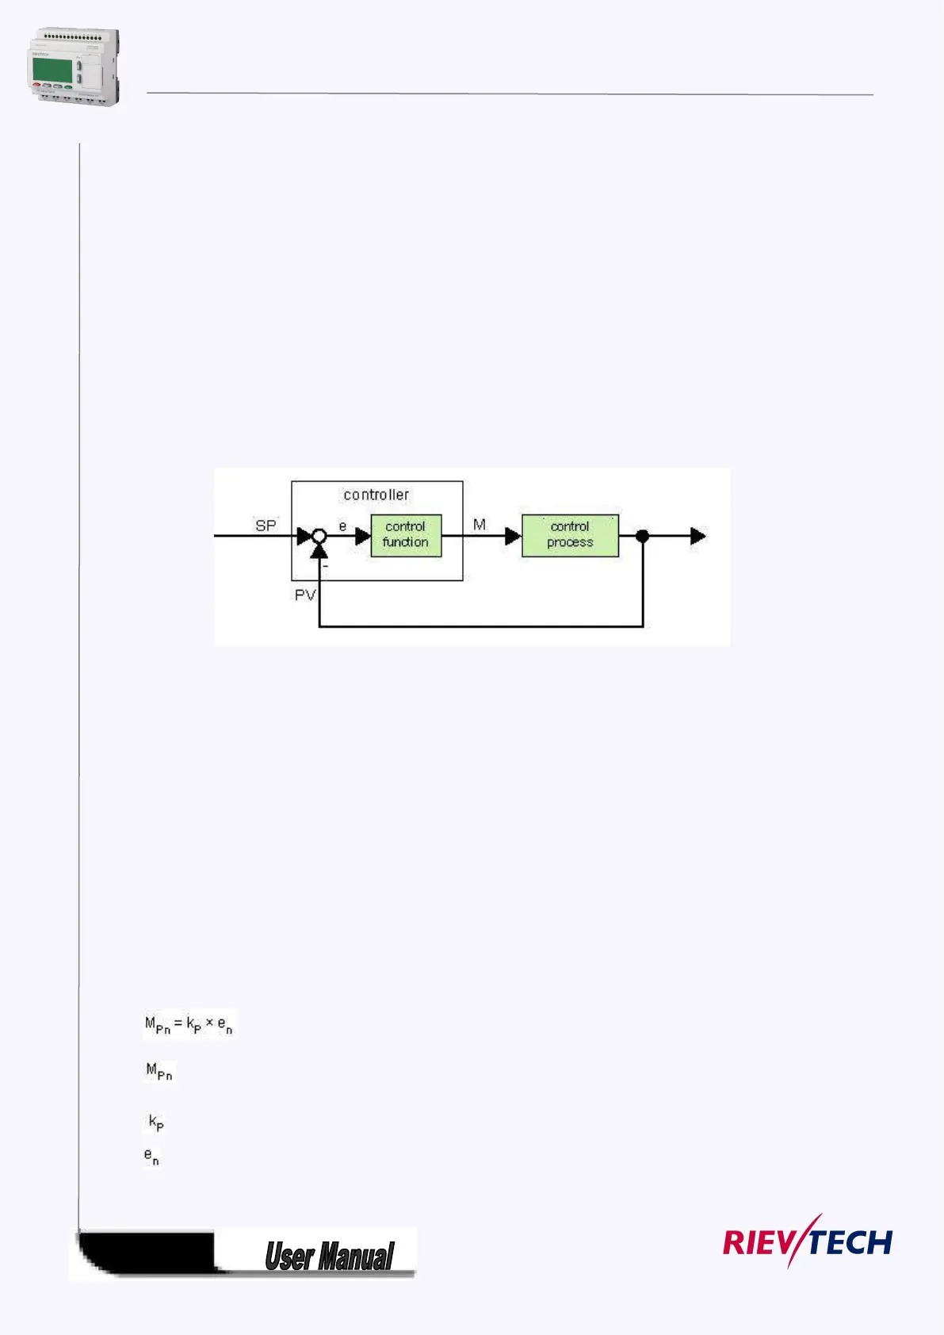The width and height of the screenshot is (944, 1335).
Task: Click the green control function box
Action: point(406,535)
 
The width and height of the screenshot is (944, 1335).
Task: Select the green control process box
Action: point(570,535)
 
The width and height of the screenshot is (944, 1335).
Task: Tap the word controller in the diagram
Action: point(376,495)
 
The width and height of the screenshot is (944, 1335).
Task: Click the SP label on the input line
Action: point(266,525)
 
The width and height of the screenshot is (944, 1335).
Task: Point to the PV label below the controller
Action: point(305,595)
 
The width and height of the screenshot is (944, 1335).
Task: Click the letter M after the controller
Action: point(480,525)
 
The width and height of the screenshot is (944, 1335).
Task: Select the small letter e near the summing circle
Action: point(342,526)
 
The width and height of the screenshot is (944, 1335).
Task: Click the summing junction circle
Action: point(319,536)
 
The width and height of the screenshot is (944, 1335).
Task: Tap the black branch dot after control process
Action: point(643,536)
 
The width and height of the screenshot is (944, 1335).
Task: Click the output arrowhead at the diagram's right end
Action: point(697,536)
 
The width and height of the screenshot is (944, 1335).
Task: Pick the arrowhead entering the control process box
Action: point(513,536)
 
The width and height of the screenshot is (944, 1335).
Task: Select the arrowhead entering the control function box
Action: point(363,536)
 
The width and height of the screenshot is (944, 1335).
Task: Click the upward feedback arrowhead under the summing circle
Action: point(319,551)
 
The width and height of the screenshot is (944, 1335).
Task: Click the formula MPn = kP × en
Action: point(189,1025)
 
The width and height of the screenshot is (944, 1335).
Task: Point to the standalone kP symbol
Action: point(156,1123)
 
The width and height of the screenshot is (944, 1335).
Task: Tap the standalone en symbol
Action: point(151,1157)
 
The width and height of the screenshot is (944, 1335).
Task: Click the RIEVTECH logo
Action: point(807,1241)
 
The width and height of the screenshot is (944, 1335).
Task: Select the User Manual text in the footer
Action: point(329,1257)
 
